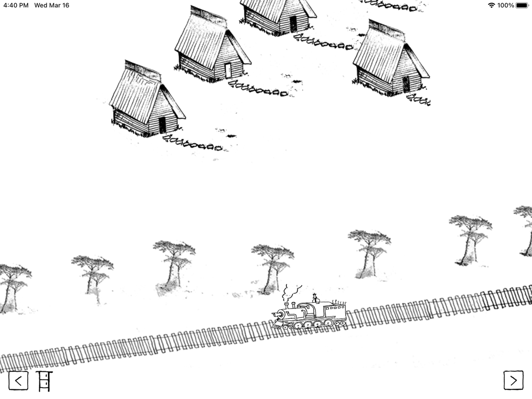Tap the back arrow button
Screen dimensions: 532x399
pos(18,381)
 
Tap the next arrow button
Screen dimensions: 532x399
pos(513,381)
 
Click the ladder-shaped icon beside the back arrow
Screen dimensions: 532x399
pos(44,381)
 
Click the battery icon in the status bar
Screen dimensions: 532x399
pos(522,5)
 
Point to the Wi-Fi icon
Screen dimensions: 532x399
pos(491,5)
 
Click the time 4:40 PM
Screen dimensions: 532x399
pos(16,5)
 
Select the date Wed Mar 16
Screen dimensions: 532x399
pos(52,5)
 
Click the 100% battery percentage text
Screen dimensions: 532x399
pos(505,5)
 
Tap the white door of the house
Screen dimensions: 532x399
pos(228,70)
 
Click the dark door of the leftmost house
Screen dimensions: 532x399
pos(162,125)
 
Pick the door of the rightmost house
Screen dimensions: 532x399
pos(406,84)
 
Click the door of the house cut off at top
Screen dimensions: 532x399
pos(293,24)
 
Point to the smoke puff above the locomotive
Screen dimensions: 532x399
pos(290,292)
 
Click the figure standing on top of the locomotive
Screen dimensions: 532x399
pos(315,298)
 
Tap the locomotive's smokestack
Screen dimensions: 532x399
pos(286,305)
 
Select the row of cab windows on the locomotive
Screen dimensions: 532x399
pos(335,309)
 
